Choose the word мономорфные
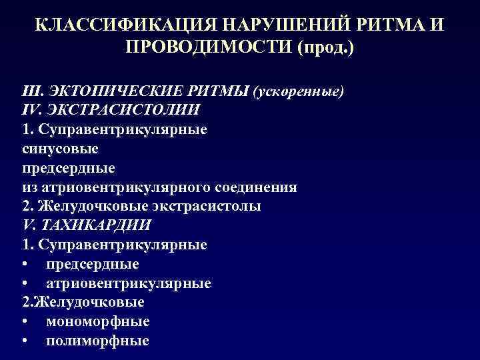[98, 322]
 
